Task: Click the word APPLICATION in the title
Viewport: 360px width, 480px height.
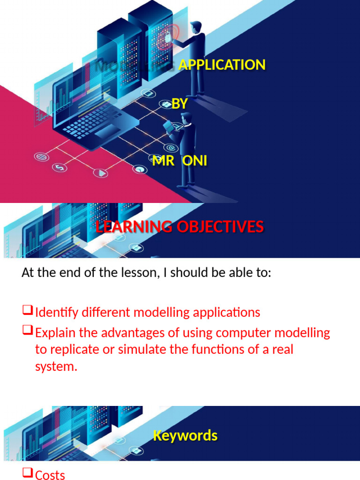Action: [222, 65]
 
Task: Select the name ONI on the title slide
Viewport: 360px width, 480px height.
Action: [195, 161]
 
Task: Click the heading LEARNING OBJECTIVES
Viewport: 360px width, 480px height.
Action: [180, 227]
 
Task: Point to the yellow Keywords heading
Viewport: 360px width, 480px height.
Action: [185, 435]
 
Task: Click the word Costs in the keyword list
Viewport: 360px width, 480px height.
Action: [50, 475]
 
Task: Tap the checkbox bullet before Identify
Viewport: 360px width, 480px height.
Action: [27, 310]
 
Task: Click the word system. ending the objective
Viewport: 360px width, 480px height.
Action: [56, 367]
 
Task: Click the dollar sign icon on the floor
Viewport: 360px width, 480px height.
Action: [60, 167]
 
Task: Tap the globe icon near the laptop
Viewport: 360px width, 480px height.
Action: [40, 156]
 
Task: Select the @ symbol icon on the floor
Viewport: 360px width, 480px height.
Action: [171, 149]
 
